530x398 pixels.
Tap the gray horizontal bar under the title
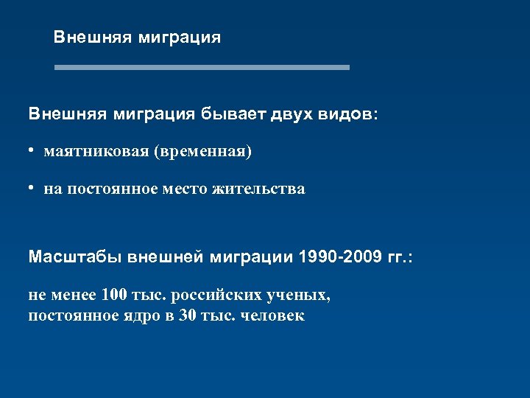pos(202,67)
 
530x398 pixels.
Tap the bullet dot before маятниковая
pos(33,150)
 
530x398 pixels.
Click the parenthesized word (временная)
pos(202,152)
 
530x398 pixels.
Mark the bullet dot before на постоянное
pos(33,187)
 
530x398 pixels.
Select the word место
pos(184,189)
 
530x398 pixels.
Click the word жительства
pos(258,189)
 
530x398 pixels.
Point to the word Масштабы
pos(76,257)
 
